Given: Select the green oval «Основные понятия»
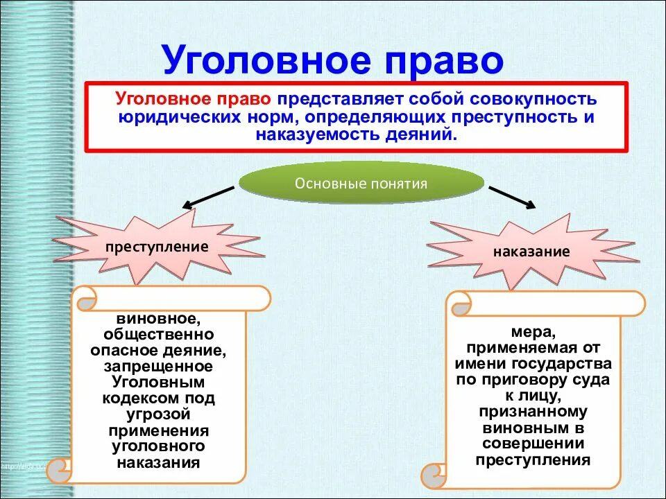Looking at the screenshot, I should pyautogui.click(x=361, y=184).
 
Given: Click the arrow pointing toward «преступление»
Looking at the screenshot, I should pyautogui.click(x=208, y=197).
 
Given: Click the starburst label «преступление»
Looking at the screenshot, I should pyautogui.click(x=157, y=247).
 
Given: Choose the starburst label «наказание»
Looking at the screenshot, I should pyautogui.click(x=531, y=251).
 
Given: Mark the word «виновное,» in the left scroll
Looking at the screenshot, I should pyautogui.click(x=158, y=319).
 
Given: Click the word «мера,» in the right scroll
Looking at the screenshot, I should pyautogui.click(x=534, y=331).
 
